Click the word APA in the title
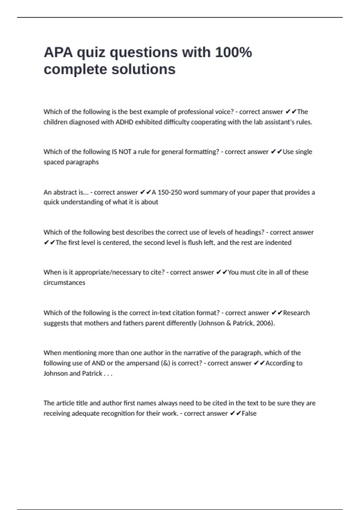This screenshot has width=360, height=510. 58,52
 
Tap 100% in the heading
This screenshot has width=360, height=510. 233,52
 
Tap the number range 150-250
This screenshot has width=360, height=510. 170,192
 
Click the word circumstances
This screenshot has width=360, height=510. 64,283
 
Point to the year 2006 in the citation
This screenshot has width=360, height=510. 264,323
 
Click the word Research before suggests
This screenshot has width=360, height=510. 296,313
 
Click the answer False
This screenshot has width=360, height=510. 249,413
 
